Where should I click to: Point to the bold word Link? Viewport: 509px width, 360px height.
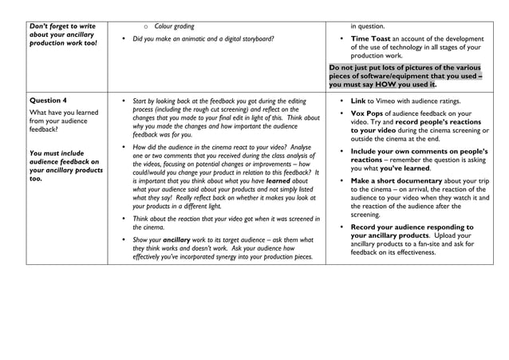click(x=357, y=101)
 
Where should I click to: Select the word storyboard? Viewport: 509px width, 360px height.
click(x=253, y=39)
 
